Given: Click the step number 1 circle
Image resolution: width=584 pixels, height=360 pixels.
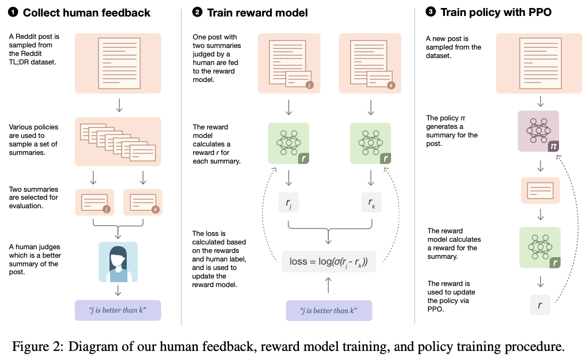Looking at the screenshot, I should point(13,12).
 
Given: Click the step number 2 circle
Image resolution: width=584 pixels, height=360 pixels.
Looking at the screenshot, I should point(197,12).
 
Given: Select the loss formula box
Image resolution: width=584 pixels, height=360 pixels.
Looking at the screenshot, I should point(329,261).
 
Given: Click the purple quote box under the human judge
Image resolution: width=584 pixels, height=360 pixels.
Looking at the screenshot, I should point(118,310).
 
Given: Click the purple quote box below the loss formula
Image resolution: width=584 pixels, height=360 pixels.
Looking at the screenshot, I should point(329,310).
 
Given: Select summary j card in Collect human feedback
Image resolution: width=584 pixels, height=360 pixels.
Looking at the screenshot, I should point(95,203).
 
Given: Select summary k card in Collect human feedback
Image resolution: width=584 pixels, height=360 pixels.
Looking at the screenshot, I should point(142,203).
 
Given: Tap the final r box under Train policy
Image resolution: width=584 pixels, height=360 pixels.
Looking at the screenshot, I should point(540,305).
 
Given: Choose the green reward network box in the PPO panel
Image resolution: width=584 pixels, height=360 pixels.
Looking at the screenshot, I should point(540,247).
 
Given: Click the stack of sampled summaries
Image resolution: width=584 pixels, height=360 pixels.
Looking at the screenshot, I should point(118,141).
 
